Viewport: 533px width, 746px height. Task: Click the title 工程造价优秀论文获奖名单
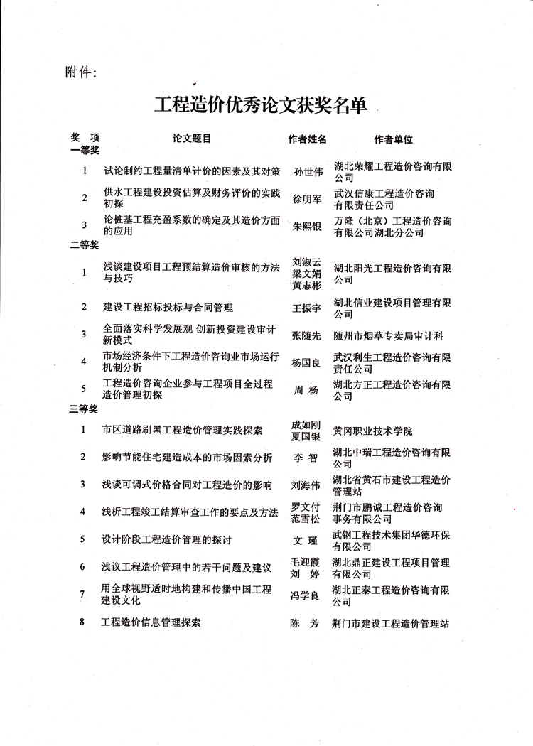coord(261,106)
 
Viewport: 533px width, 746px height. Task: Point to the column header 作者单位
coord(393,140)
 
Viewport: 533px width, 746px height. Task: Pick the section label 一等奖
coord(84,151)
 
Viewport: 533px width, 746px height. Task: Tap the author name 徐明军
coord(308,200)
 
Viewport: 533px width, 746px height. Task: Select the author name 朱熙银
coord(308,226)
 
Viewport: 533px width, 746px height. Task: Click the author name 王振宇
coord(308,308)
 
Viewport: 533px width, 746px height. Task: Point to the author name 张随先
coord(308,335)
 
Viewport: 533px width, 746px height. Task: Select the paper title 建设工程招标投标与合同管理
coord(168,308)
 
